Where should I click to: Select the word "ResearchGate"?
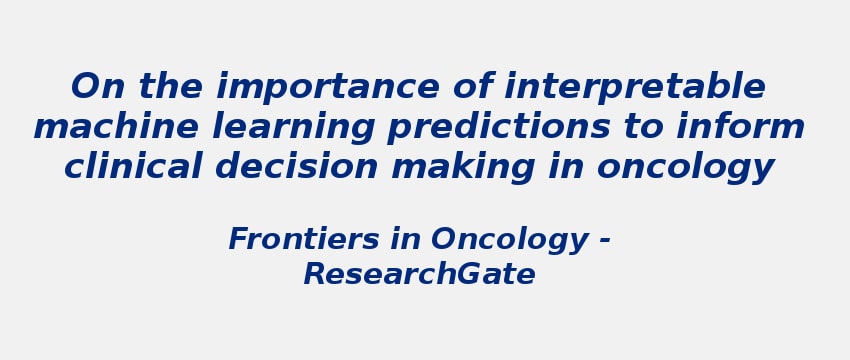419,275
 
